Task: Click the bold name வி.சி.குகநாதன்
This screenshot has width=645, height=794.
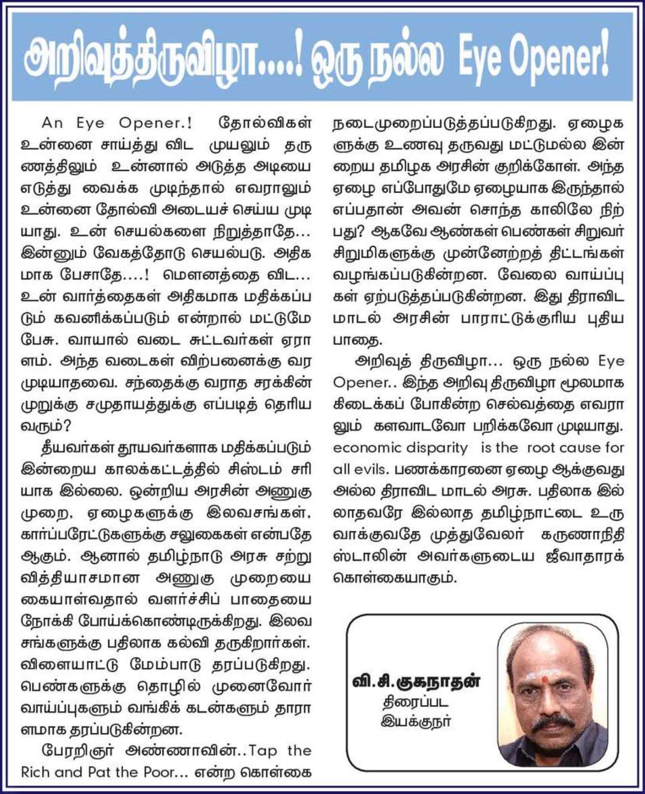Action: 417,681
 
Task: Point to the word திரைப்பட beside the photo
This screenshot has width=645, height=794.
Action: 415,703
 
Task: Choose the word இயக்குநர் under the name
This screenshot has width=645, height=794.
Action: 416,721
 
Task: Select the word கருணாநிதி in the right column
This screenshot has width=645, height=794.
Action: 583,535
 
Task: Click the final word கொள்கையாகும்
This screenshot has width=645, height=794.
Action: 395,578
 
